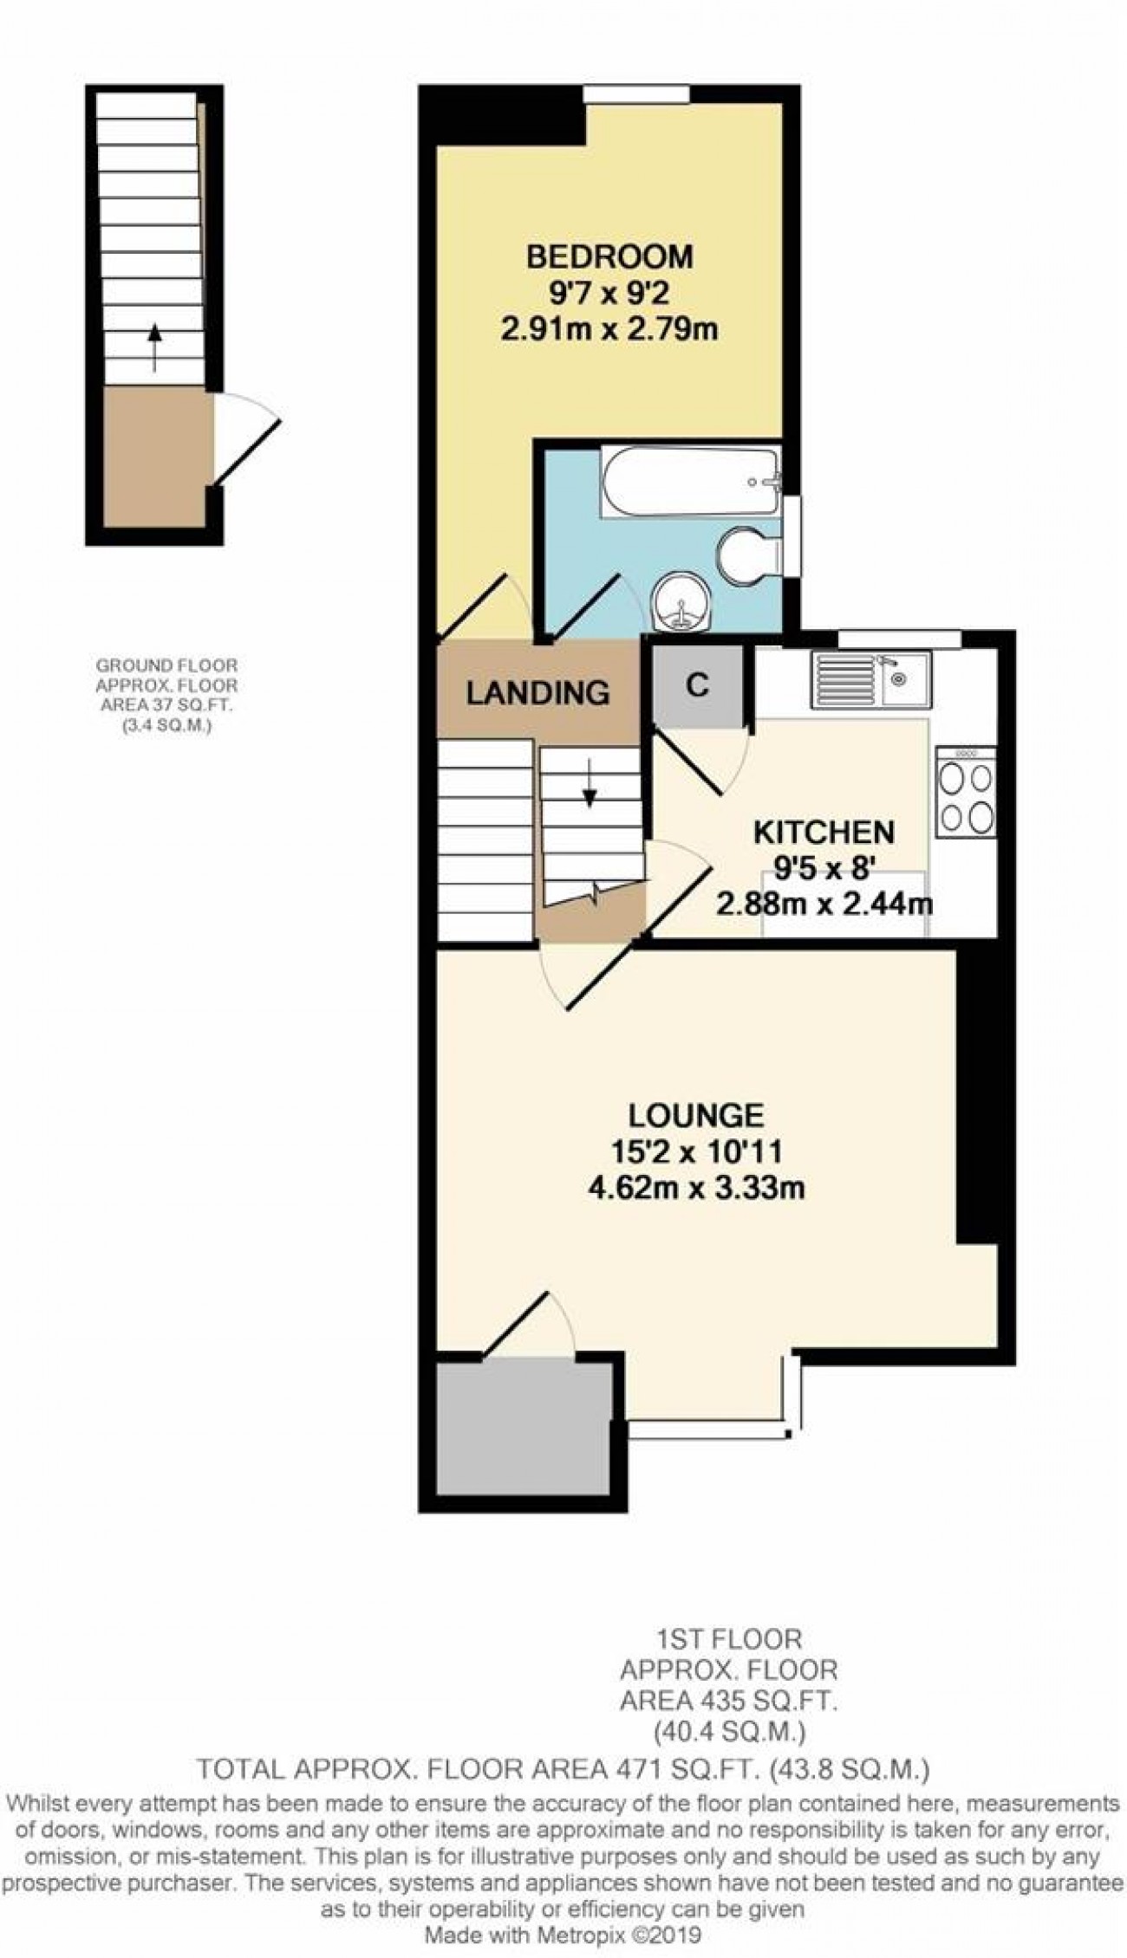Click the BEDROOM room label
[x=610, y=257]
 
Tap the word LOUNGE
[x=696, y=1114]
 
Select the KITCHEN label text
[x=824, y=832]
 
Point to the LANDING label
[x=537, y=692]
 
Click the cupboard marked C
[x=697, y=686]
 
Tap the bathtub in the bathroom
[x=690, y=483]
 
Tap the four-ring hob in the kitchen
[x=966, y=792]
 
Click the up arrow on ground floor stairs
[x=154, y=347]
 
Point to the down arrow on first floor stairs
[x=590, y=785]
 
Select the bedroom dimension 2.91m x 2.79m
[x=609, y=329]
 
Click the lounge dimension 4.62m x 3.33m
[x=696, y=1187]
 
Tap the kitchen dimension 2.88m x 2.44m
[x=824, y=904]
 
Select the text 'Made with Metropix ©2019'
[x=563, y=1935]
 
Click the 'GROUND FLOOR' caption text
[x=166, y=665]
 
